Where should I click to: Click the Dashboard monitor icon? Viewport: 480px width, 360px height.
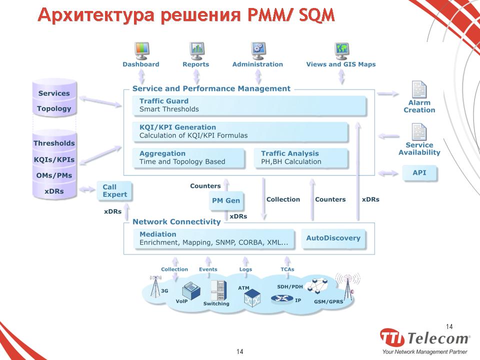(x=142, y=50)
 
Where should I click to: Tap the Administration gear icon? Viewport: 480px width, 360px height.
(x=258, y=50)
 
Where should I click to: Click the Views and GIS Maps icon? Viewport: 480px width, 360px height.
(x=341, y=50)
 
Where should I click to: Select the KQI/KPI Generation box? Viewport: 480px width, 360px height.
(x=240, y=131)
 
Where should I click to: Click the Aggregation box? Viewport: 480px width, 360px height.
(x=188, y=157)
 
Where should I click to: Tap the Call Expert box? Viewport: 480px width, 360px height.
(x=114, y=191)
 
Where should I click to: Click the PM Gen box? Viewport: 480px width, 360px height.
(x=226, y=200)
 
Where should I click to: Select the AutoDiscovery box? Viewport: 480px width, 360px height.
(x=333, y=238)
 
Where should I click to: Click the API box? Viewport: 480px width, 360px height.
(x=419, y=173)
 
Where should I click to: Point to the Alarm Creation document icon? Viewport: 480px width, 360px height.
(x=419, y=90)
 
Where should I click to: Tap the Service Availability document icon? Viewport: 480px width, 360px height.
(x=419, y=132)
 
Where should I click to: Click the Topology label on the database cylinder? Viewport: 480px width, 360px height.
(x=54, y=108)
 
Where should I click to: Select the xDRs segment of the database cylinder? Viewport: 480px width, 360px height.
(x=54, y=191)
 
